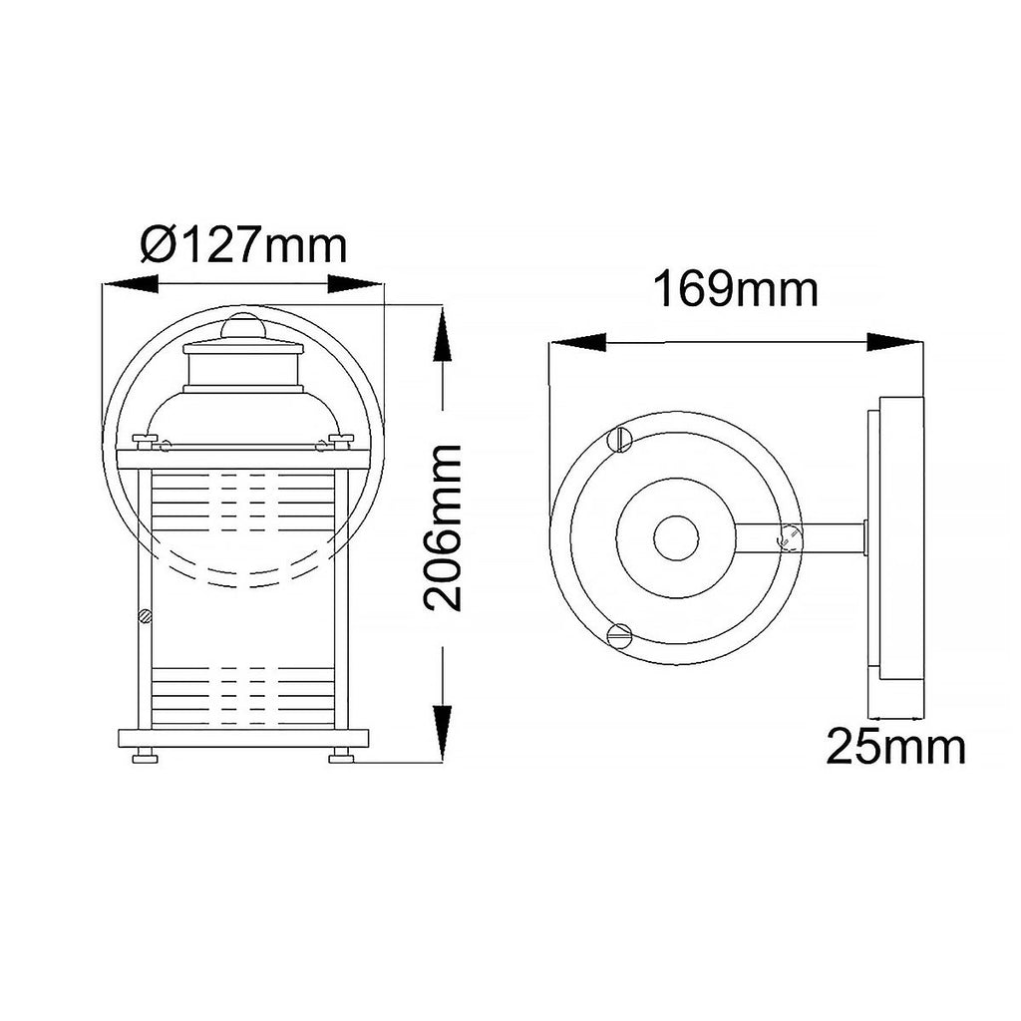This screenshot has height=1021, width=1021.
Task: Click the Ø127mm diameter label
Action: tap(244, 244)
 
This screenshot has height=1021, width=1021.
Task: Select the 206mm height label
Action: tap(442, 528)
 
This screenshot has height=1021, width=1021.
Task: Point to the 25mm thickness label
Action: tap(896, 747)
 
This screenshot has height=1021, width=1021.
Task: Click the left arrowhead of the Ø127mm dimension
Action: tap(131, 284)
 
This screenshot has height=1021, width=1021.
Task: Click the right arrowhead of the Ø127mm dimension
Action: tap(356, 284)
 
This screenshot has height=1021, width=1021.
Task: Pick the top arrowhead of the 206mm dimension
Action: tap(442, 333)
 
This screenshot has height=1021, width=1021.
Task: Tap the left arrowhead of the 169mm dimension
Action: tap(577, 343)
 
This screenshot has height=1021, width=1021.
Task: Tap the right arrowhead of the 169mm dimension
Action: tap(895, 343)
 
